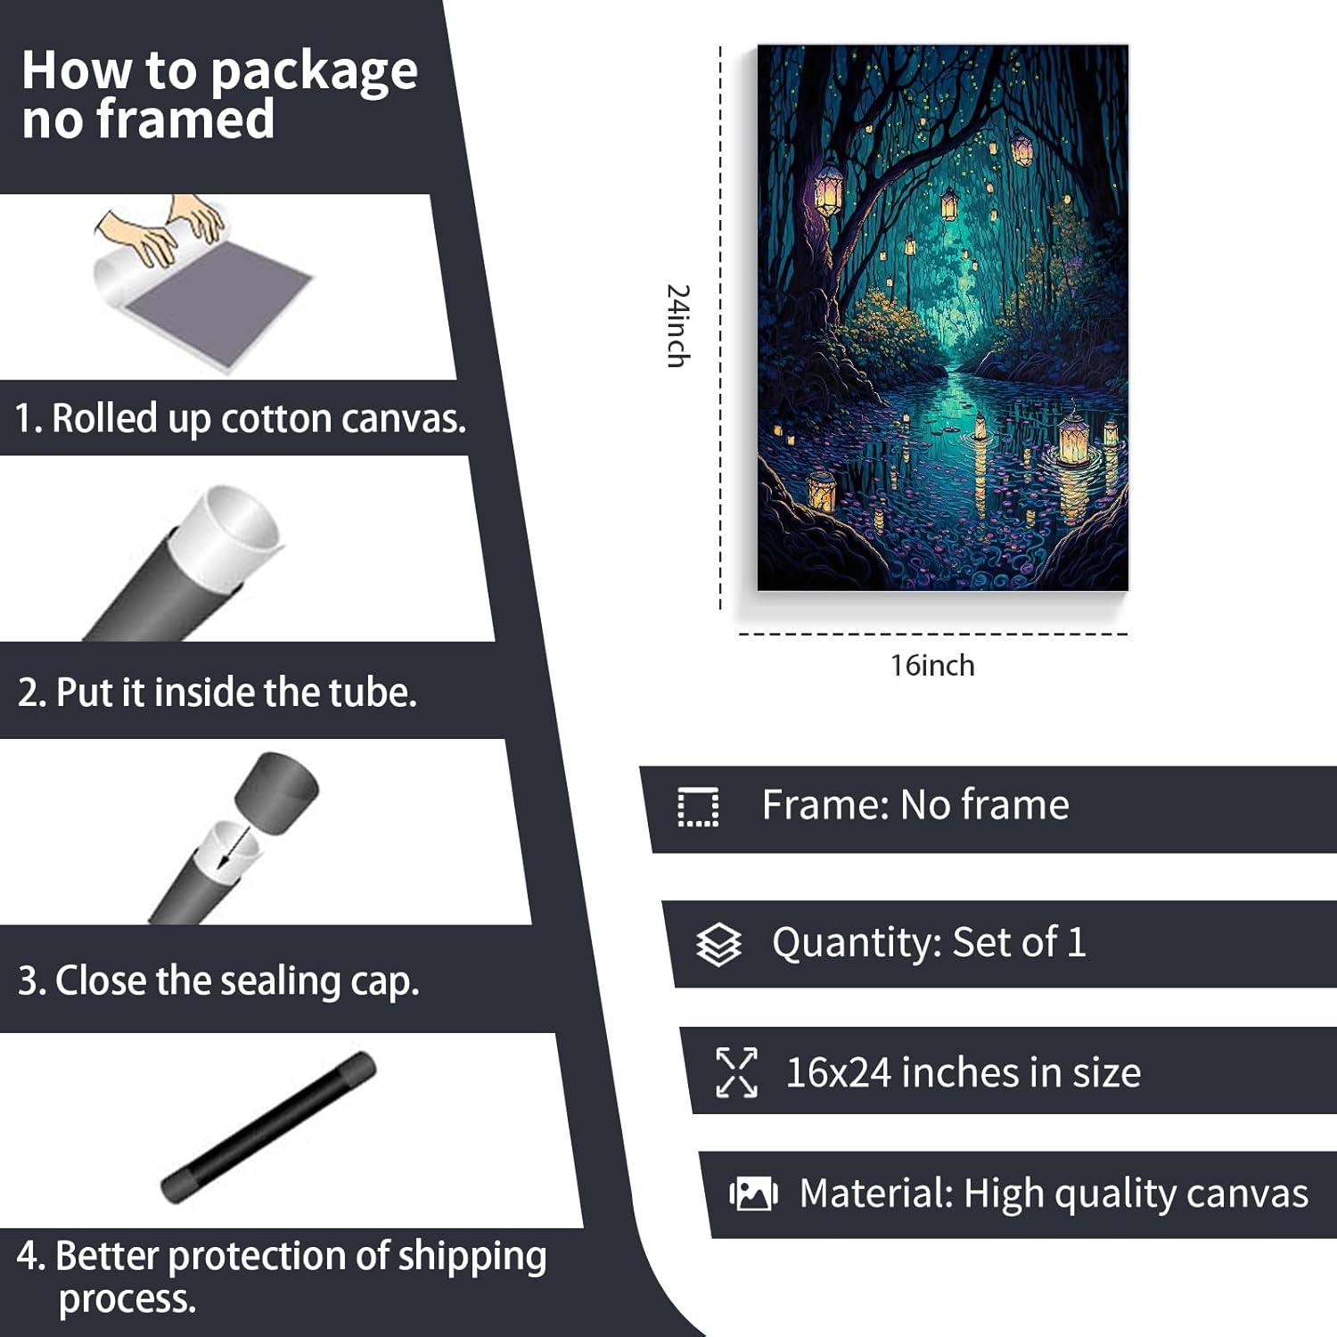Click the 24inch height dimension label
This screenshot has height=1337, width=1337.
tap(678, 325)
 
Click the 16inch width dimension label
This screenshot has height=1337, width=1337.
tap(932, 666)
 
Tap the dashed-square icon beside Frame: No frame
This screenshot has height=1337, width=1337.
tap(698, 808)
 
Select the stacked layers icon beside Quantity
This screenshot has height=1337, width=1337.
tap(718, 945)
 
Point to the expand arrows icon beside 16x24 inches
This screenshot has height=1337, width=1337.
tap(737, 1072)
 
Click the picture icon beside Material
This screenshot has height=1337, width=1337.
tap(753, 1193)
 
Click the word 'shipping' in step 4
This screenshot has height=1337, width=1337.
tap(472, 1256)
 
